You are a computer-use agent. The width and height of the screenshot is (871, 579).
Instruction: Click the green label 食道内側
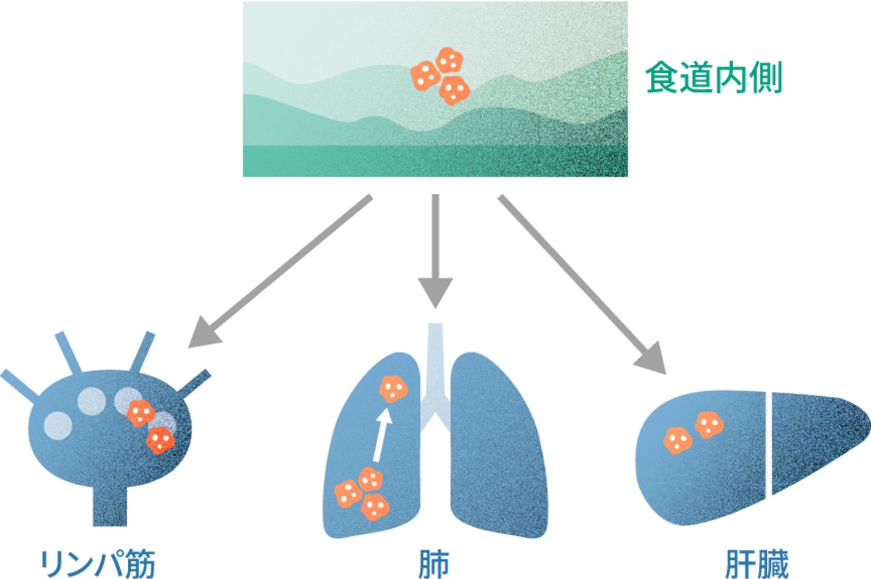click(714, 78)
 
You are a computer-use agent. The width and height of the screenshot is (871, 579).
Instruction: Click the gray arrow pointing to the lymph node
click(284, 270)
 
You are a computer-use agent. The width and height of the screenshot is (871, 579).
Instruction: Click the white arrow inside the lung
click(381, 435)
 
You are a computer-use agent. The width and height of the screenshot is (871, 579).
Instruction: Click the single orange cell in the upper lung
click(393, 389)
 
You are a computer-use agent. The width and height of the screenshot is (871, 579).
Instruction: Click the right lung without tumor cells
click(499, 449)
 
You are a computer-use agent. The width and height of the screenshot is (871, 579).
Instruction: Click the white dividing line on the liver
click(769, 444)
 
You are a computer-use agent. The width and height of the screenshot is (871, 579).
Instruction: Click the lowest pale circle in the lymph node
click(58, 426)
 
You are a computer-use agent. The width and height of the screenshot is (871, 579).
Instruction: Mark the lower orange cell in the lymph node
click(160, 440)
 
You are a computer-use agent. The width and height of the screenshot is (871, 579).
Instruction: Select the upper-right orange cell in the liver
click(709, 424)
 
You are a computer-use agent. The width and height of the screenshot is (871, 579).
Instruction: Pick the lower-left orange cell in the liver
click(677, 440)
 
